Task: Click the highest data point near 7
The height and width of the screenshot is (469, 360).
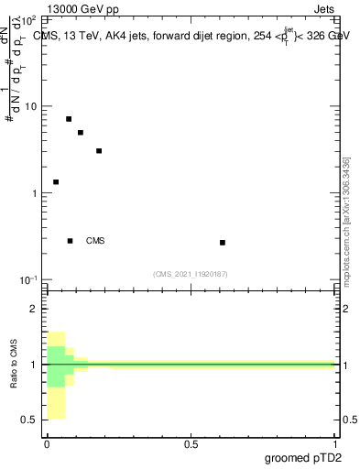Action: coord(69,119)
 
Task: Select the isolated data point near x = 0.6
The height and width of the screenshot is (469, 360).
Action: coord(223,243)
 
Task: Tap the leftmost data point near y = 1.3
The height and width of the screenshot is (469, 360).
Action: coord(56,182)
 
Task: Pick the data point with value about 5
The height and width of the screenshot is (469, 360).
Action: coord(81,133)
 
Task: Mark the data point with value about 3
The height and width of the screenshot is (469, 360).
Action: coord(99,151)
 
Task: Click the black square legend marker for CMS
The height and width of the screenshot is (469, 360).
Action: coord(71,241)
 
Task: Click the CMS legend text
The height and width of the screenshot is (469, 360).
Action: coord(95,241)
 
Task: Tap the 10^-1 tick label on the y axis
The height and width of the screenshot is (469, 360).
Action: coord(29,279)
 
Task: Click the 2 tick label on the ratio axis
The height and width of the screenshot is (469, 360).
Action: coord(34,310)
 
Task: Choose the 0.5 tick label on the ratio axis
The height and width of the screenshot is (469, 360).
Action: coord(31,420)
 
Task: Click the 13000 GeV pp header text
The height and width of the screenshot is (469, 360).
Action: coord(82,8)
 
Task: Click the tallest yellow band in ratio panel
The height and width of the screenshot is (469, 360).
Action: coord(55,376)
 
